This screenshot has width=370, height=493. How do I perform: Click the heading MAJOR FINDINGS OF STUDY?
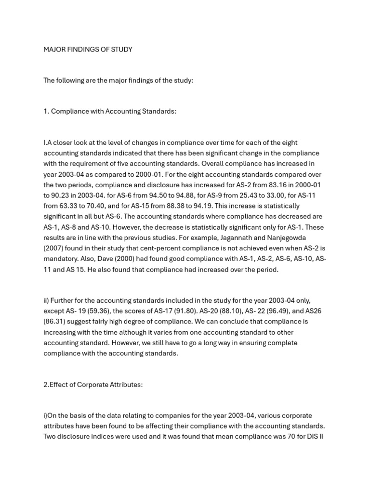tap(88, 50)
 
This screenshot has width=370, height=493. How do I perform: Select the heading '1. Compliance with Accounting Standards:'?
tap(110, 111)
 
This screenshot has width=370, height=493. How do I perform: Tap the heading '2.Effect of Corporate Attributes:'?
tap(93, 385)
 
